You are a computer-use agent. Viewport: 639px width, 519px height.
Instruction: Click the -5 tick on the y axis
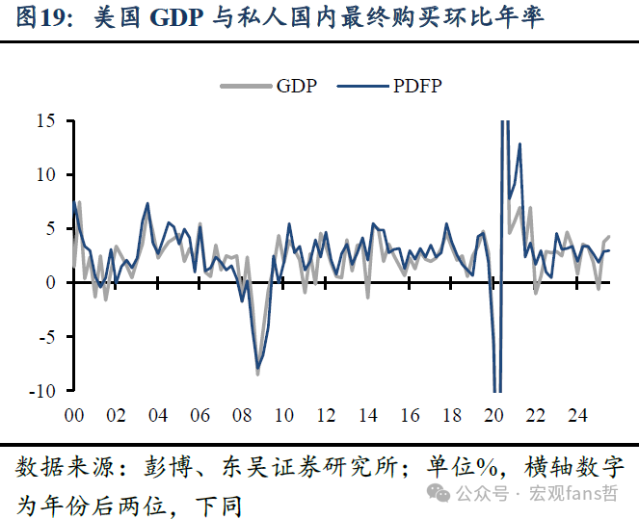click(47, 336)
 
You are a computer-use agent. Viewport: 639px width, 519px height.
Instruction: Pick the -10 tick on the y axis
click(43, 390)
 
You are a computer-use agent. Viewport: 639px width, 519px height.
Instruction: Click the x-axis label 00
click(73, 416)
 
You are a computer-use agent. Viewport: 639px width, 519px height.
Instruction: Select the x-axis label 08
click(241, 416)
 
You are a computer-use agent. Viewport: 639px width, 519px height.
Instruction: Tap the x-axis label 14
click(367, 416)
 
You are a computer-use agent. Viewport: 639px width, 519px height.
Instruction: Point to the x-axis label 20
click(493, 416)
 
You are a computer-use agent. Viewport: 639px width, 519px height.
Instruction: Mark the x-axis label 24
click(577, 416)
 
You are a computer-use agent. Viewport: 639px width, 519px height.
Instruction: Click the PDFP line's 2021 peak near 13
click(519, 144)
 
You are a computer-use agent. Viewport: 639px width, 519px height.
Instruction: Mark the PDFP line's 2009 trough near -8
click(257, 367)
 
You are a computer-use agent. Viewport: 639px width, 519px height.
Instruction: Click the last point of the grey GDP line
click(608, 237)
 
